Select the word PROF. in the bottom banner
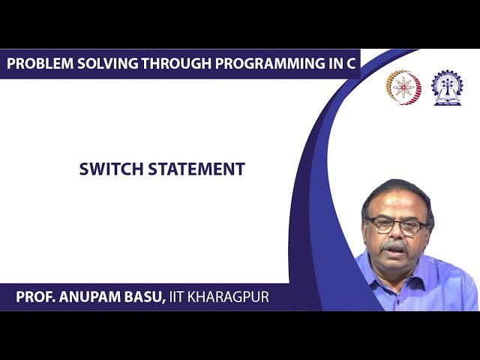click(35, 297)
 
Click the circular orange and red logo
click(403, 87)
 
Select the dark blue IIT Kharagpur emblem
click(447, 87)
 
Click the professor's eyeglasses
click(395, 226)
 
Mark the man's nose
click(394, 234)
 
